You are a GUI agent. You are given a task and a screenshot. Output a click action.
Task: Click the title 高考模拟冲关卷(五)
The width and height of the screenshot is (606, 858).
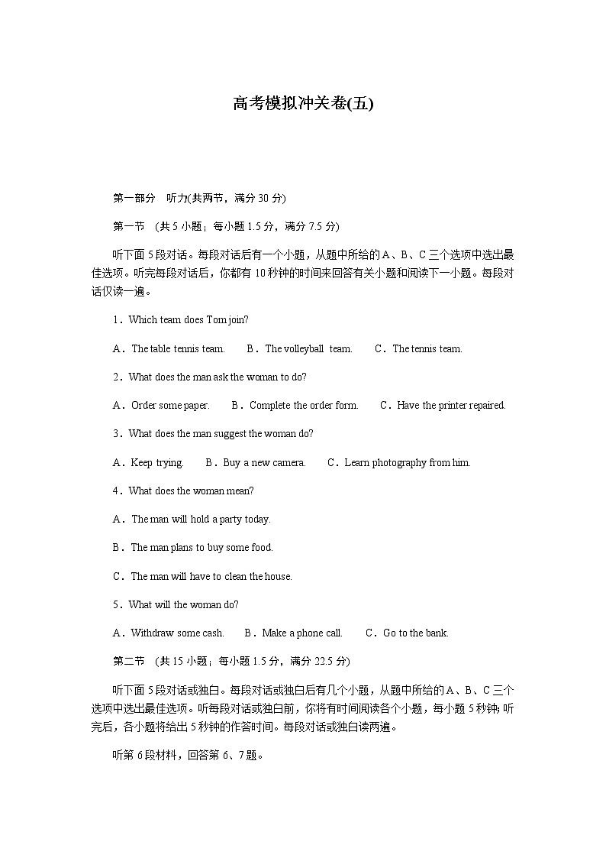tap(303, 104)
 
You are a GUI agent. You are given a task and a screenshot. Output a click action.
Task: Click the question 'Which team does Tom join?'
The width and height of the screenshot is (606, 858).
tap(189, 320)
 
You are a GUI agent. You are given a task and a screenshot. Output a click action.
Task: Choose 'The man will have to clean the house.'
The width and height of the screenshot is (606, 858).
tap(211, 577)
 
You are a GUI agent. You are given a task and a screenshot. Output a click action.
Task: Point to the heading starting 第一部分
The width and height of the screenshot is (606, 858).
tap(199, 199)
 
